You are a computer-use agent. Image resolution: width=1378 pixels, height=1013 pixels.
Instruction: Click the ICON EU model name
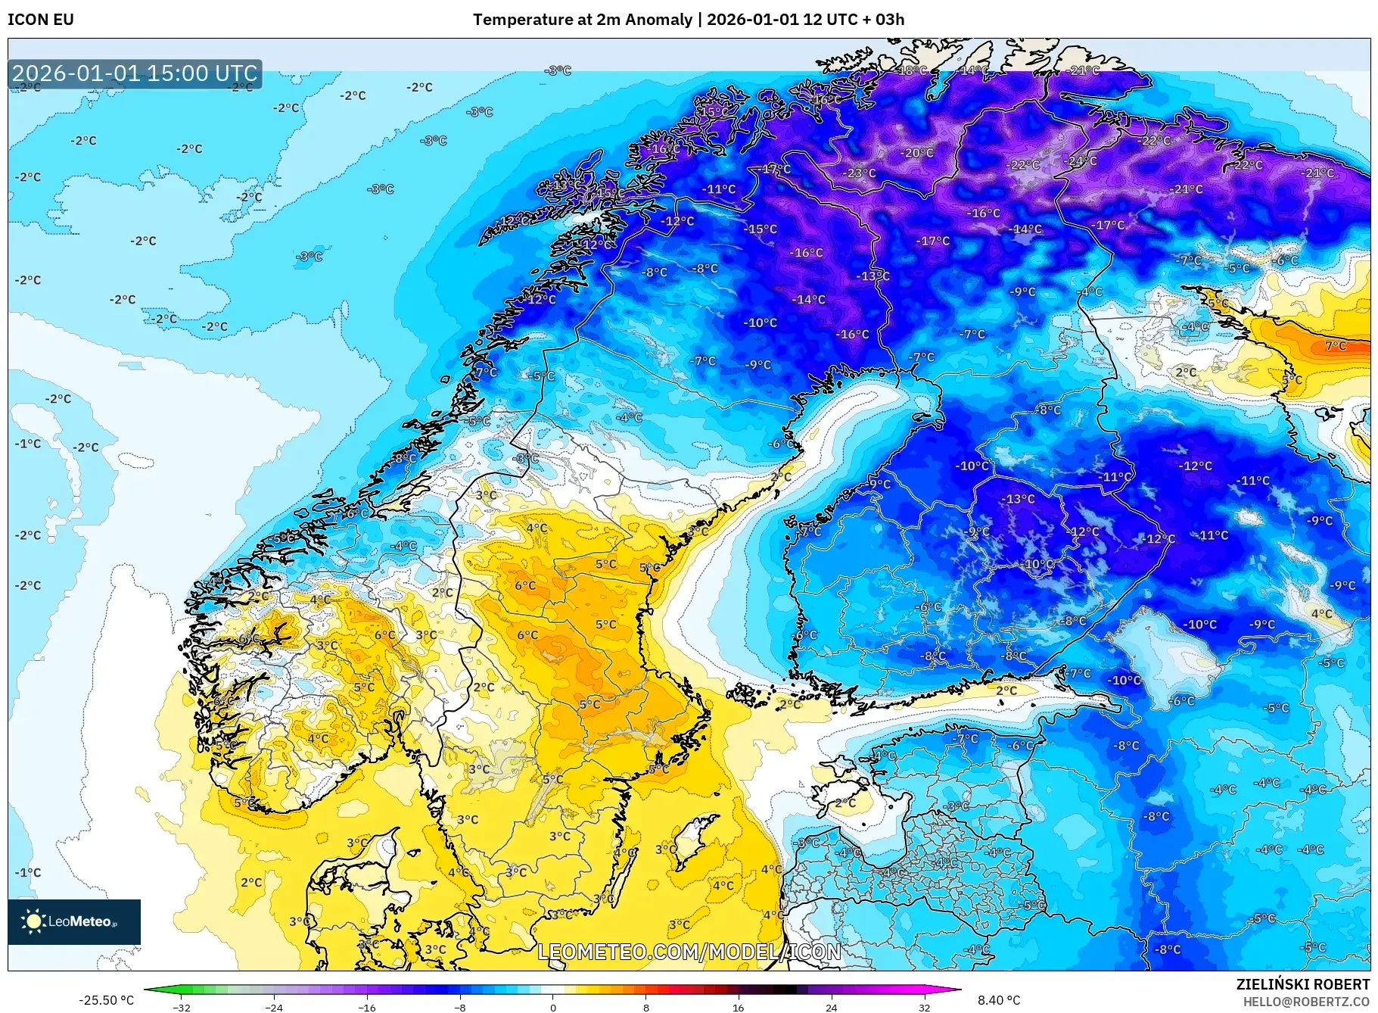pyautogui.click(x=41, y=20)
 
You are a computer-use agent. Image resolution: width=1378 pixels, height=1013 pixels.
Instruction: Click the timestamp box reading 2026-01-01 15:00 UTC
pyautogui.click(x=135, y=73)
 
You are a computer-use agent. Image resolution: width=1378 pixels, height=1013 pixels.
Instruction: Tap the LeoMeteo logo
pyautogui.click(x=73, y=921)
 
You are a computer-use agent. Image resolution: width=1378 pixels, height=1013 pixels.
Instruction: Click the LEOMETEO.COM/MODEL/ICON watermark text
pyautogui.click(x=689, y=952)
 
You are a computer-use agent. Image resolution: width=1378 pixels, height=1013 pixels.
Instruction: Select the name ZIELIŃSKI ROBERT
pyautogui.click(x=1302, y=984)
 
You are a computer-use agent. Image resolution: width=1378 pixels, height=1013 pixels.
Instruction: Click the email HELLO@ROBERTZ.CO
pyautogui.click(x=1305, y=1002)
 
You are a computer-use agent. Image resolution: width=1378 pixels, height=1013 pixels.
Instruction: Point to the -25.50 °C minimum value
pyautogui.click(x=106, y=1000)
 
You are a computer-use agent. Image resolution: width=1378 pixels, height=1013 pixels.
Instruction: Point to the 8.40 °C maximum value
pyautogui.click(x=999, y=1000)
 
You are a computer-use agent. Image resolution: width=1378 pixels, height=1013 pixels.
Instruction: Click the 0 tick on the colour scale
pyautogui.click(x=552, y=1007)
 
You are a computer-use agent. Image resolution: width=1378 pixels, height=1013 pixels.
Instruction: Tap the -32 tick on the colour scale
pyautogui.click(x=182, y=1007)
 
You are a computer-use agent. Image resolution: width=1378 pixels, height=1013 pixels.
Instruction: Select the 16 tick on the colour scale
pyautogui.click(x=738, y=1007)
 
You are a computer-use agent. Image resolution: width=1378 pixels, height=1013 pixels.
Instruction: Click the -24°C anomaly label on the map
pyautogui.click(x=1081, y=161)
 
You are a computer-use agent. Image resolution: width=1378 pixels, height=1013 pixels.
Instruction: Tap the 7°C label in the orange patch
pyautogui.click(x=1336, y=346)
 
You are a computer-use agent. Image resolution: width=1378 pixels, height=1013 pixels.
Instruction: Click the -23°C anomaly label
pyautogui.click(x=860, y=173)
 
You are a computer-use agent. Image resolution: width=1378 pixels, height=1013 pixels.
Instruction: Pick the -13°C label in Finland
pyautogui.click(x=1019, y=499)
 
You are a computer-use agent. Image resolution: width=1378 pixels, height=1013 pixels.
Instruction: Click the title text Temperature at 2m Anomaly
pyautogui.click(x=582, y=20)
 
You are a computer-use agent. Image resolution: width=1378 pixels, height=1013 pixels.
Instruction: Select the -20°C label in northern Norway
pyautogui.click(x=917, y=153)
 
